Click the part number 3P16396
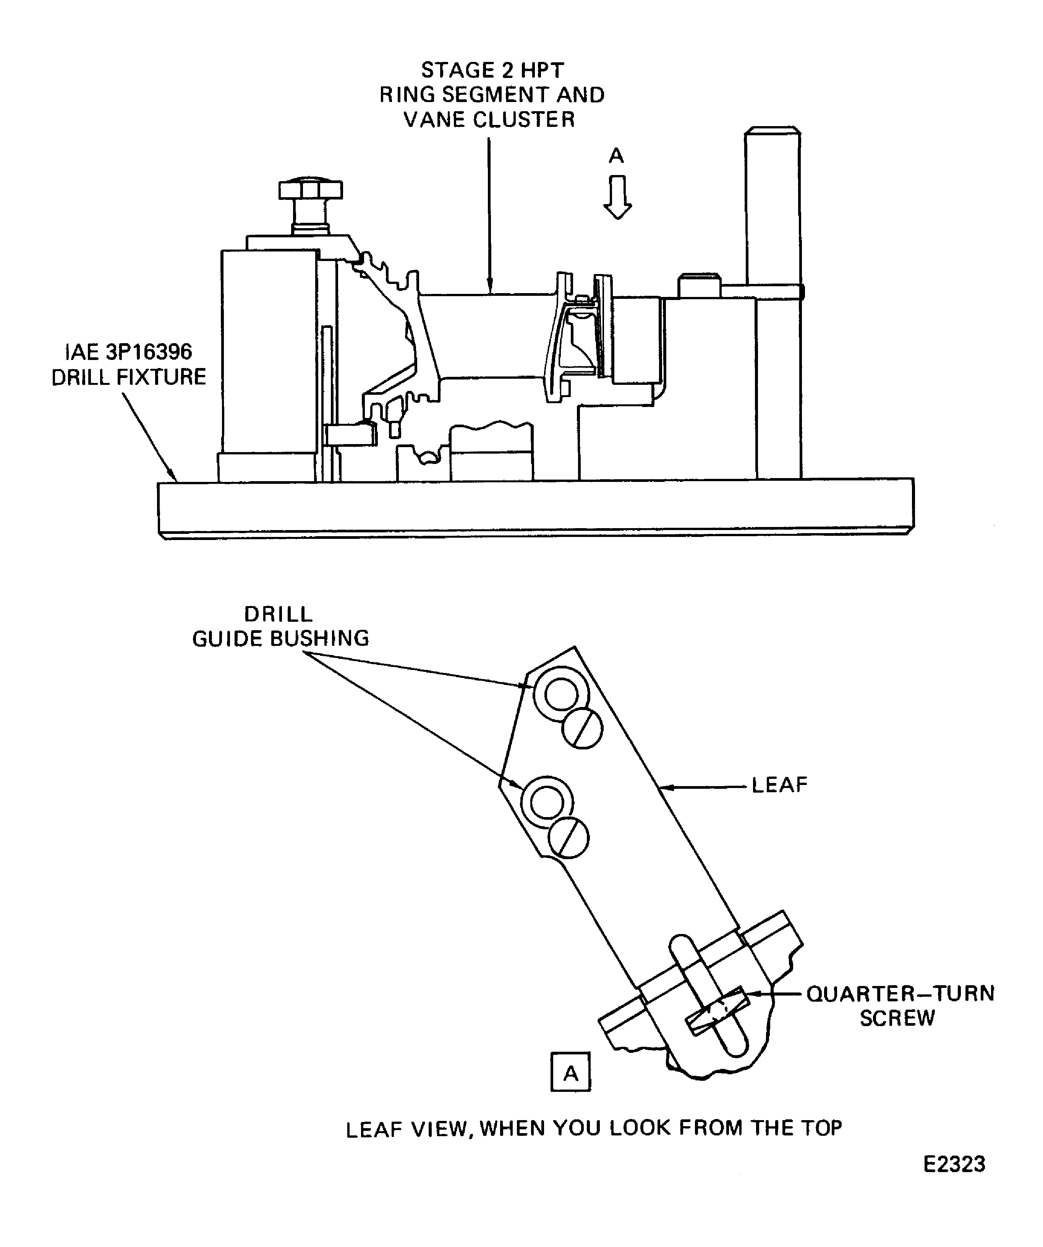click(x=148, y=352)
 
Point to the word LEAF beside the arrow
click(x=779, y=785)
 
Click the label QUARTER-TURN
click(x=900, y=994)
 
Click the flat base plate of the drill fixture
click(x=534, y=508)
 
